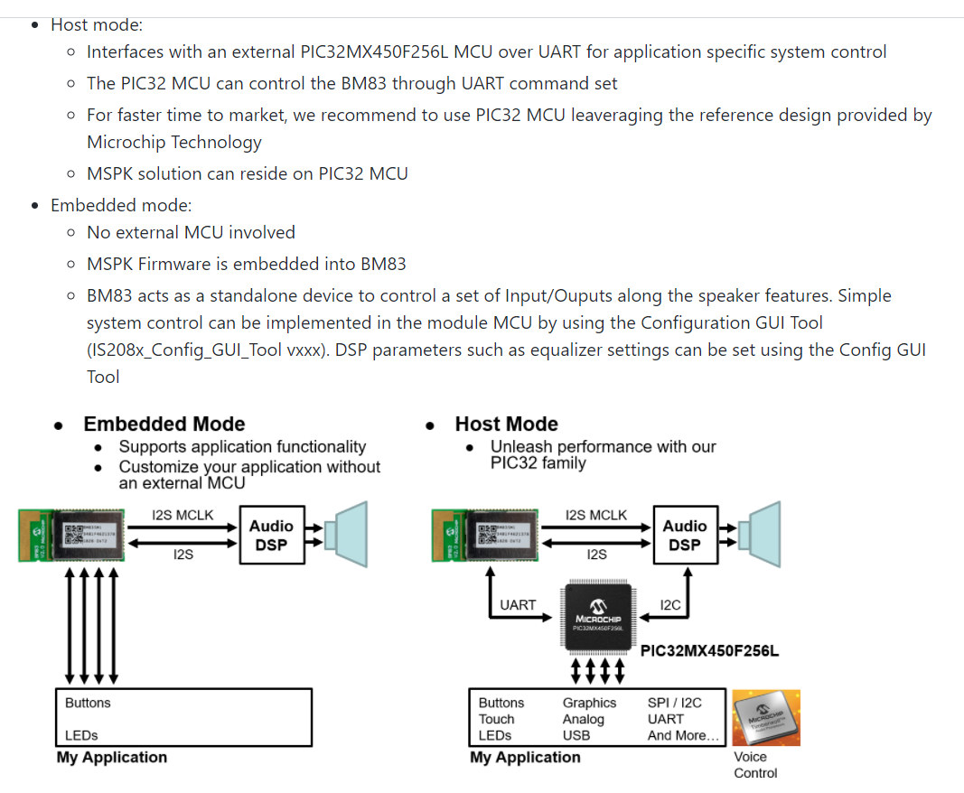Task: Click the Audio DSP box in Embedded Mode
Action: [271, 536]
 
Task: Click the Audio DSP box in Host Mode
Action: [685, 536]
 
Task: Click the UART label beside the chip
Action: [518, 605]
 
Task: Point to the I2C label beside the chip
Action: [670, 605]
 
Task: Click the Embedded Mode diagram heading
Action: [164, 424]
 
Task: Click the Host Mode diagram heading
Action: [506, 424]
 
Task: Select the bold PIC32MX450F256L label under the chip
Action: [709, 651]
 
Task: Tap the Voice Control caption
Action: [754, 765]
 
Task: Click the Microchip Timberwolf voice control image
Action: [765, 718]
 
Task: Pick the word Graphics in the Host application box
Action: [589, 703]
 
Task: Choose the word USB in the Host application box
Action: [576, 735]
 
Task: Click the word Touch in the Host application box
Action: [496, 719]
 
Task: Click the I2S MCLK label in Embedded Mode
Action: [183, 516]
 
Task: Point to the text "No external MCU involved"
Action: [191, 232]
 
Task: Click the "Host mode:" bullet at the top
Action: [97, 25]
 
